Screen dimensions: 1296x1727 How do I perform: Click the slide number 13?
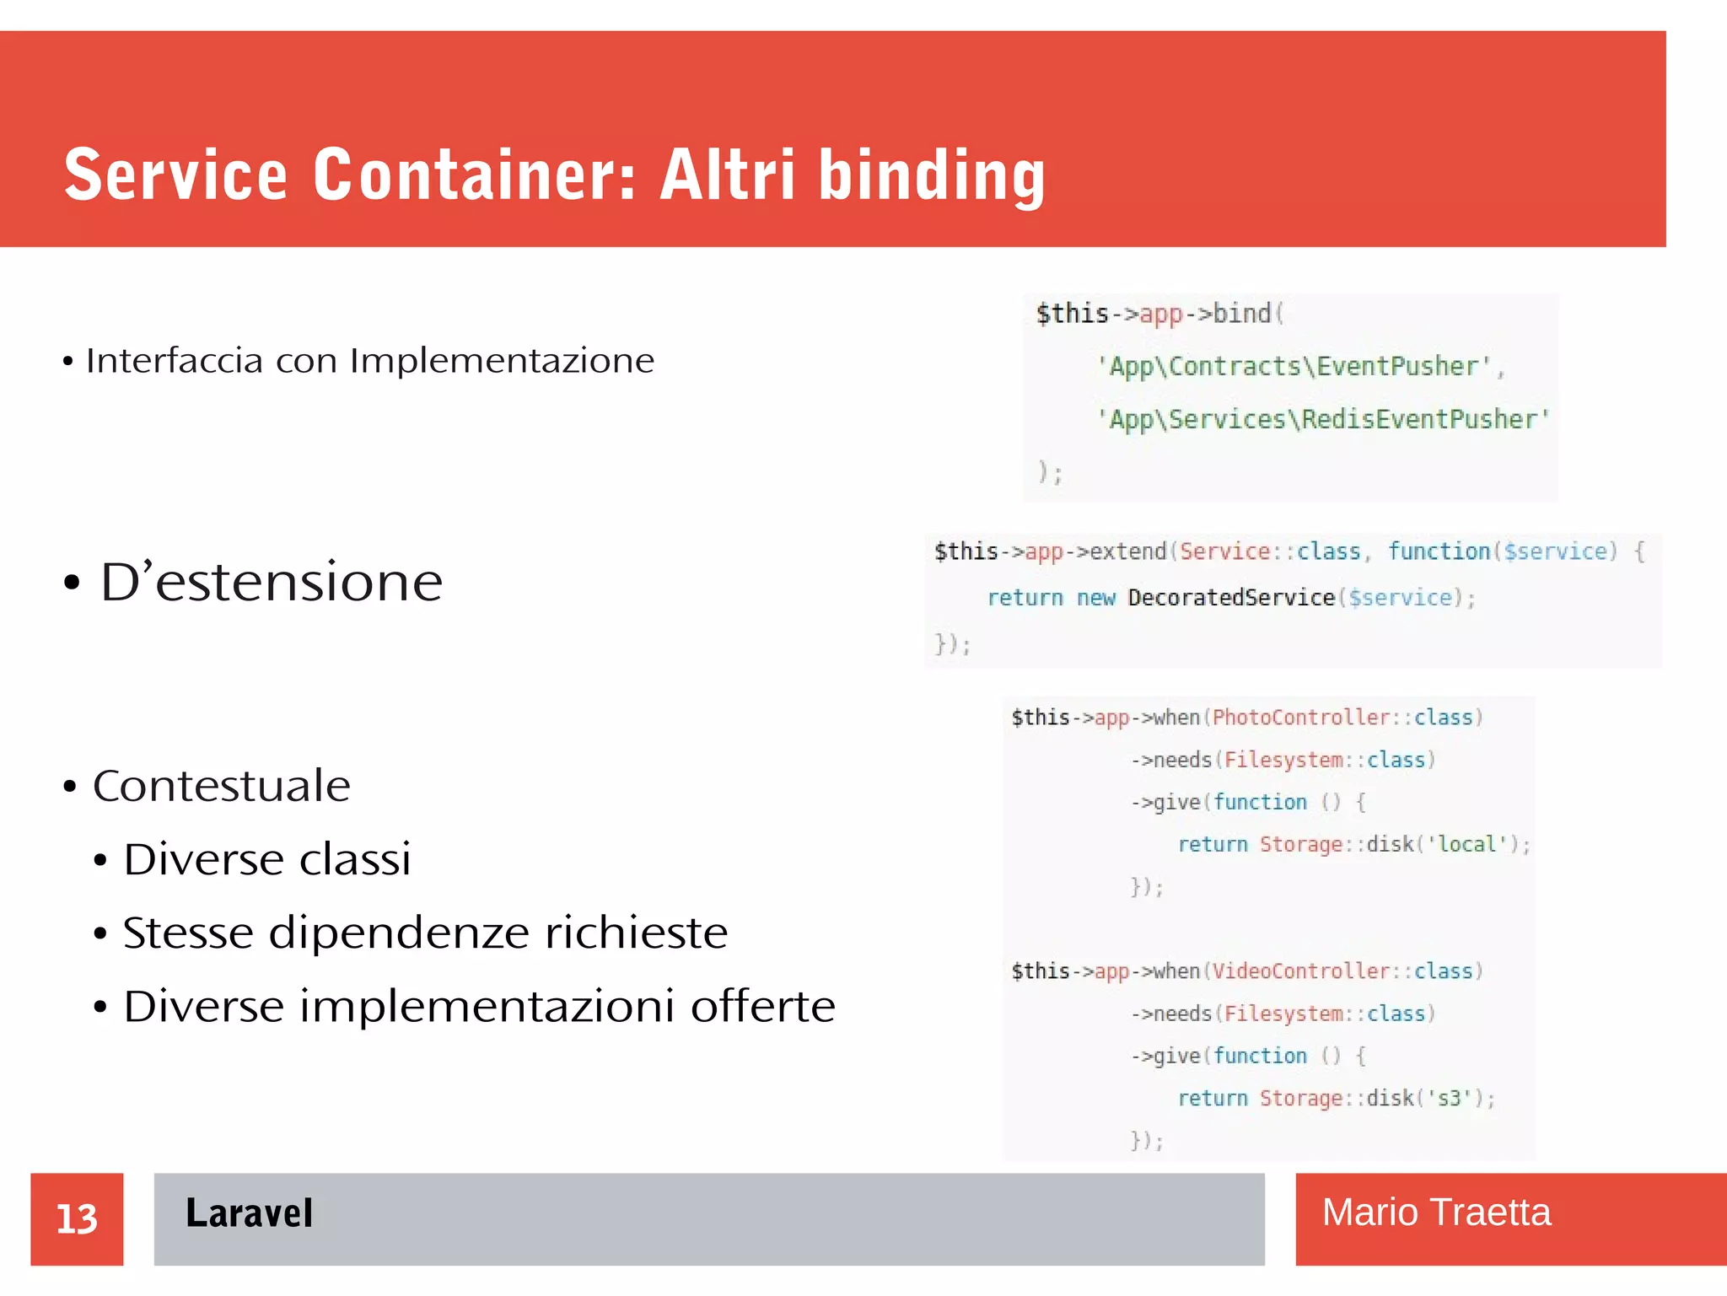[x=77, y=1218]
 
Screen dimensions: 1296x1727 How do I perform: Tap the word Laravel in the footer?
[x=249, y=1213]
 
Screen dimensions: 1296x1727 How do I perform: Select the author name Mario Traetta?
[x=1435, y=1213]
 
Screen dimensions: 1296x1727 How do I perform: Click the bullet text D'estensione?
[x=271, y=582]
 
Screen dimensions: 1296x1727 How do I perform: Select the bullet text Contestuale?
[x=221, y=786]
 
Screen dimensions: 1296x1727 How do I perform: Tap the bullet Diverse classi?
[x=266, y=859]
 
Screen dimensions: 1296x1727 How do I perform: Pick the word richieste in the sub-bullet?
[x=636, y=933]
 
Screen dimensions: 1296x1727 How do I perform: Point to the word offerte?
[x=762, y=1006]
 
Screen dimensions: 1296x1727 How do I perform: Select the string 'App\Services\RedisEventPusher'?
[x=1322, y=419]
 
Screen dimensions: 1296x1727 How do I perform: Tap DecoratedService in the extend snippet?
[x=1231, y=598]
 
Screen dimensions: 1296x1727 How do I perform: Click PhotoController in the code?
[x=1300, y=718]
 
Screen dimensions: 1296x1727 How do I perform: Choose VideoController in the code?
[x=1300, y=971]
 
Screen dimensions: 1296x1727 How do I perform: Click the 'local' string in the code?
[x=1466, y=844]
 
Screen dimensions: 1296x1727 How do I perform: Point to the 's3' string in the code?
[x=1449, y=1098]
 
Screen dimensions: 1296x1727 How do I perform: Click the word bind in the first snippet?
[x=1241, y=314]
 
